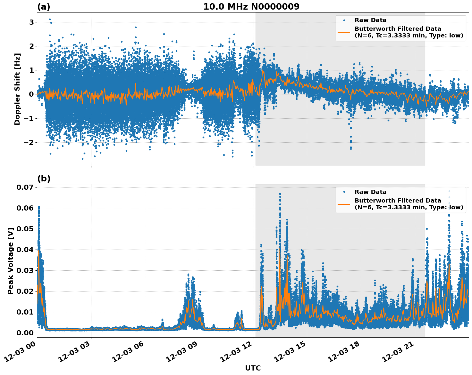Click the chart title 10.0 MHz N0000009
[x=251, y=7]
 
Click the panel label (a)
[x=44, y=7]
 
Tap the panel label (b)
[x=44, y=179]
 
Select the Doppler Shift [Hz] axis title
[x=17, y=89]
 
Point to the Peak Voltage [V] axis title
[x=11, y=261]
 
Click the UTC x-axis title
[x=253, y=368]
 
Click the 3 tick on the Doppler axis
[x=31, y=22]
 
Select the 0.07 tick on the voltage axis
[x=25, y=187]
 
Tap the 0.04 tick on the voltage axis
[x=25, y=250]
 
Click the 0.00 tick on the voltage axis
[x=25, y=333]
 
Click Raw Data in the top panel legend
[x=370, y=20]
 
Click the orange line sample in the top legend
[x=344, y=32]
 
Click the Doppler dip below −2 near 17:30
[x=351, y=148]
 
